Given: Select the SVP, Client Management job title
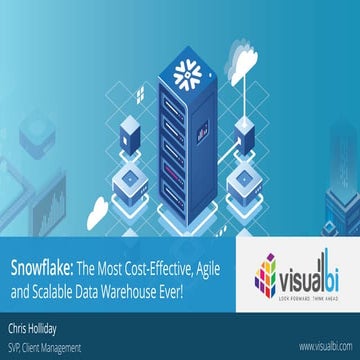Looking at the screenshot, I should pos(46,343).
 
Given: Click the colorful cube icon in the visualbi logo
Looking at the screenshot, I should pos(267,270).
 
